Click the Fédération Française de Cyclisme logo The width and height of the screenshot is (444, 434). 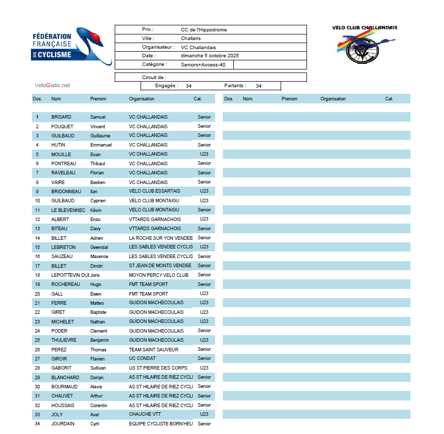[71, 46]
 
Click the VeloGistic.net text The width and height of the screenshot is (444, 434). [52, 85]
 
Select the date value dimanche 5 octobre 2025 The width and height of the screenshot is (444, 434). [210, 55]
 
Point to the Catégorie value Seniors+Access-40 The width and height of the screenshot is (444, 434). [203, 65]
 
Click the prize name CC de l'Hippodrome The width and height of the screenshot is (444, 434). [203, 30]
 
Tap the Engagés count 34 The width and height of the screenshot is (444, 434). [188, 86]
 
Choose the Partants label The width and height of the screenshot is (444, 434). [235, 86]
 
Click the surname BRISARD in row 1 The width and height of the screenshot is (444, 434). [61, 117]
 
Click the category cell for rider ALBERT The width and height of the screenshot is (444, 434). [204, 219]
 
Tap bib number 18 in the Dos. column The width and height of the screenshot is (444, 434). [38, 275]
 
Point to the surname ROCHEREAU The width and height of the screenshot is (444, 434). [65, 284]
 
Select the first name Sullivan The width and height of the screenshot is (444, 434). [98, 368]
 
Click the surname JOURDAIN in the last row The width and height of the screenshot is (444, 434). [62, 424]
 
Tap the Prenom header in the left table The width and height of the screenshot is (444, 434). [98, 99]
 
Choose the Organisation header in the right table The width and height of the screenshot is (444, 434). [333, 99]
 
